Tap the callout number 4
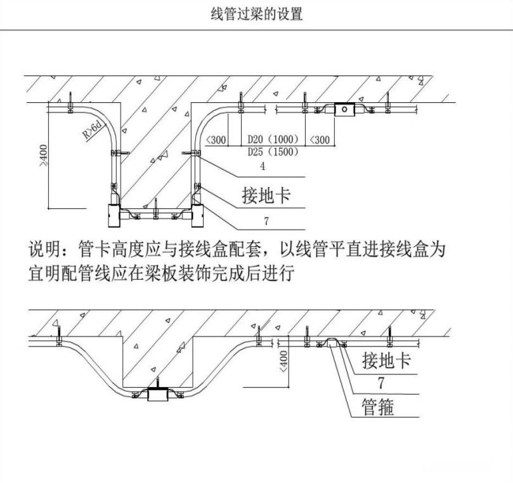coord(263,167)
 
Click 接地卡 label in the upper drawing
coord(266,195)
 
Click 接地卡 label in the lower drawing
coord(386,362)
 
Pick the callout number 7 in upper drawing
coord(266,221)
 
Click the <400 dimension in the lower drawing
coord(283,362)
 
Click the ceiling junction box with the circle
coord(343,109)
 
